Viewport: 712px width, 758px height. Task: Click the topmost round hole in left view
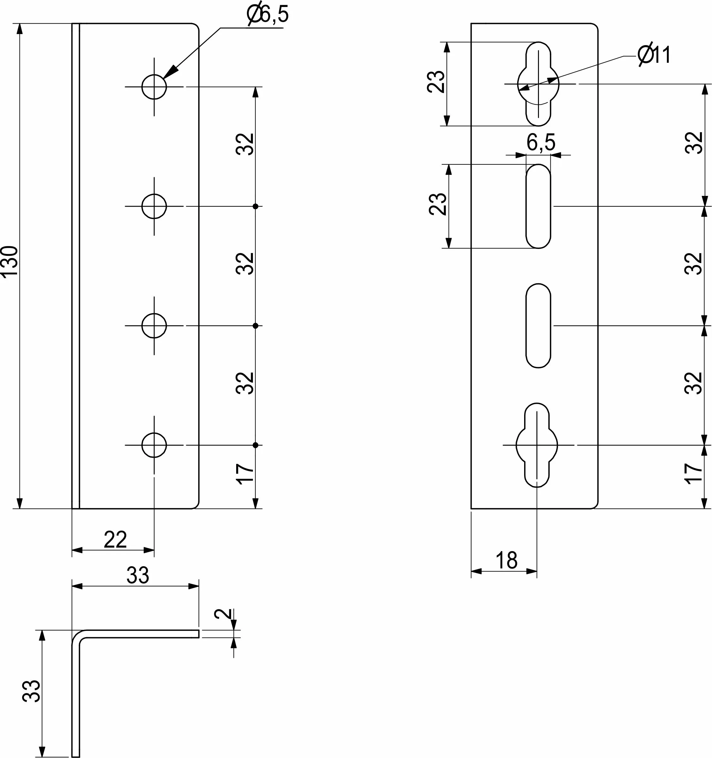coord(154,87)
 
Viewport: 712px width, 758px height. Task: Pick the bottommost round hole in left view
coord(154,445)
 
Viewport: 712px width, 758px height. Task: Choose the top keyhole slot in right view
coord(538,84)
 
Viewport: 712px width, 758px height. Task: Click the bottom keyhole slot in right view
coord(537,445)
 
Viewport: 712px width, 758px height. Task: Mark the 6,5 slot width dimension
coord(541,143)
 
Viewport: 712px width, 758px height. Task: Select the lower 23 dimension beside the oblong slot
coord(438,205)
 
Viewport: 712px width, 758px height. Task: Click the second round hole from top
coord(154,206)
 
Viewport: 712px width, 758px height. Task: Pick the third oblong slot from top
coord(538,326)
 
